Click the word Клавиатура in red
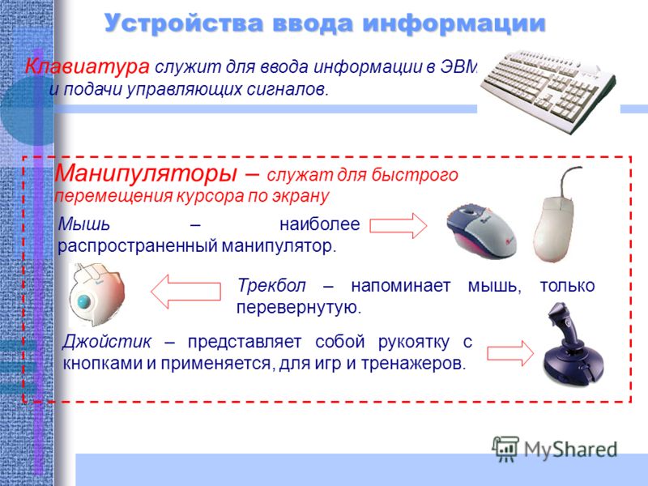87,66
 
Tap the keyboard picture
548,91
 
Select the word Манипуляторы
146,173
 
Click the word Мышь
84,224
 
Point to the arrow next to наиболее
398,226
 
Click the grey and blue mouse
481,230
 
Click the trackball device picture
96,295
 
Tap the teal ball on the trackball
86,301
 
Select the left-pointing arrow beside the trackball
185,292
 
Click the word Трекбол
271,286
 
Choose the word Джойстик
107,342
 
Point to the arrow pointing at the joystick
511,353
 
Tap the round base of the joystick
572,363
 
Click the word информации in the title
454,23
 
